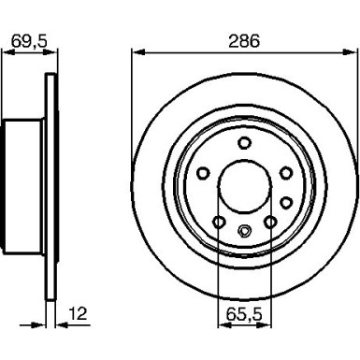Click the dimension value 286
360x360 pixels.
click(242, 42)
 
